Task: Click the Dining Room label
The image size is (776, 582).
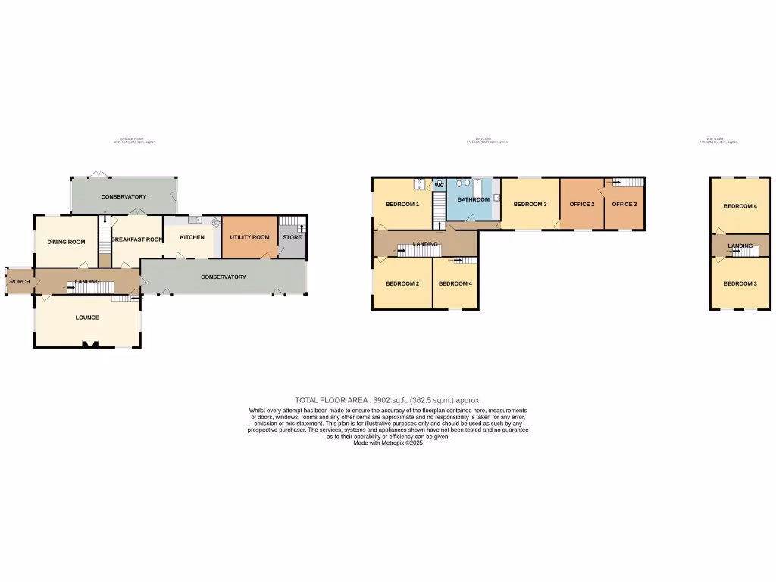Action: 67,242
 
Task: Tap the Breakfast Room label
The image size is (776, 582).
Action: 138,239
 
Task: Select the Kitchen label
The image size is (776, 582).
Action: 192,237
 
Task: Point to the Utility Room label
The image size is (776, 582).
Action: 250,237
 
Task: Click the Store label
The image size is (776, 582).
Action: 292,237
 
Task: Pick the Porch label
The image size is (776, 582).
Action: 19,282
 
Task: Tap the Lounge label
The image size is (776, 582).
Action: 87,318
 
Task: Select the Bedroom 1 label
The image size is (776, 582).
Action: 402,205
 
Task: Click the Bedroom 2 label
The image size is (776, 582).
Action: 402,283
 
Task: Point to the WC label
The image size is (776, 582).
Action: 439,185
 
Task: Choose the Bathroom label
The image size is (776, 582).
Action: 473,199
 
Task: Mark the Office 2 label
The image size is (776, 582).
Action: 582,205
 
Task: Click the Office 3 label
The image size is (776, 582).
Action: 625,205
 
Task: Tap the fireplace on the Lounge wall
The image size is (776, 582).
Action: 90,345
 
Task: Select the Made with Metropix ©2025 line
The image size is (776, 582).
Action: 388,443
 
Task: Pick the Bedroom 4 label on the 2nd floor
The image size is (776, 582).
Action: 740,206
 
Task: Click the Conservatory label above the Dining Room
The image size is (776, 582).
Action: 124,197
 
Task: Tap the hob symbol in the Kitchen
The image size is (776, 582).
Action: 214,223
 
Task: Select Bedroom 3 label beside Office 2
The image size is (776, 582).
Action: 530,205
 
